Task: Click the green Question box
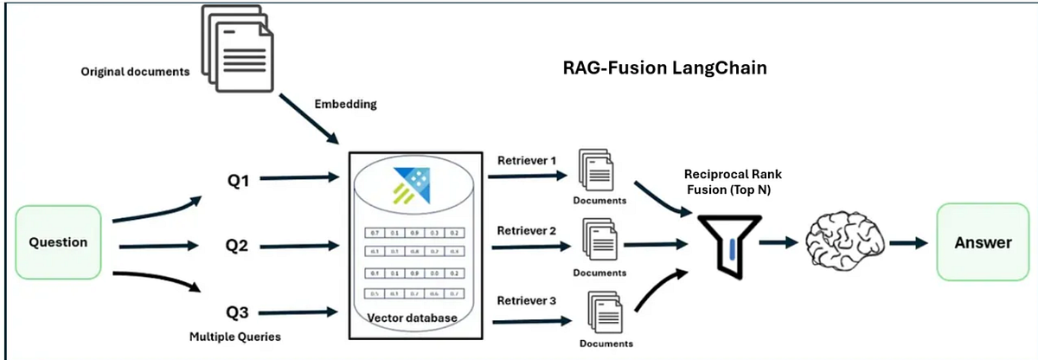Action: pyautogui.click(x=59, y=242)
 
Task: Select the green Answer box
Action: pyautogui.click(x=983, y=242)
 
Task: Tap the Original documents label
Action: pyautogui.click(x=135, y=72)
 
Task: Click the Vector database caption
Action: pyautogui.click(x=412, y=318)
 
